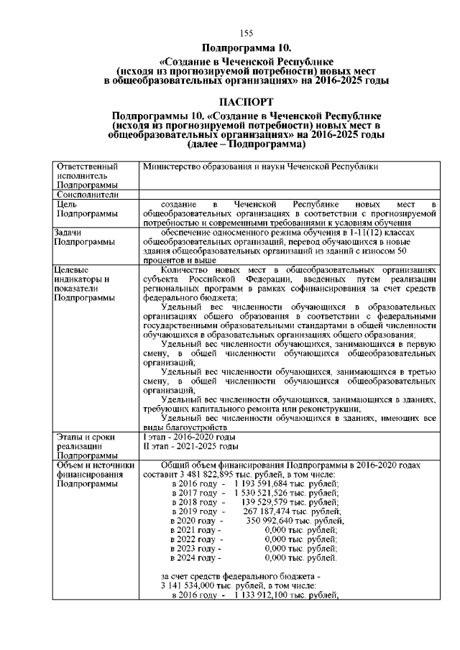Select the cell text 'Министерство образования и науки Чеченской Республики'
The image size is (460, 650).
(260, 166)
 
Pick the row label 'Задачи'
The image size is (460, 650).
(69, 232)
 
